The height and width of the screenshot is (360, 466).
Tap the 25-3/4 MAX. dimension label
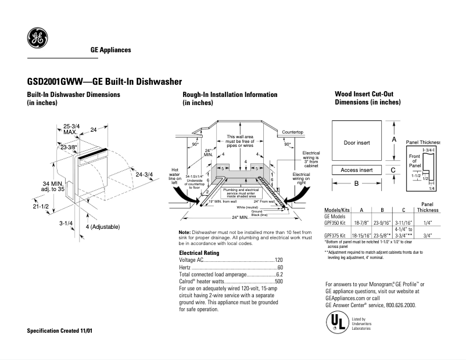point(72,129)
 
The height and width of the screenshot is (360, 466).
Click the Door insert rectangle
point(356,142)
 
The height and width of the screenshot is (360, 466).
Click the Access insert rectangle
point(356,170)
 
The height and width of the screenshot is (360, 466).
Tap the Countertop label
point(293,132)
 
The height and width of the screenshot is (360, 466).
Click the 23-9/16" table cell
point(382,222)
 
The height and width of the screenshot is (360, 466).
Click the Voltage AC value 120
point(278,260)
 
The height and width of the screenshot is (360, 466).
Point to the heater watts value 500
point(278,281)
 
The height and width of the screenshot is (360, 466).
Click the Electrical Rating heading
point(199,253)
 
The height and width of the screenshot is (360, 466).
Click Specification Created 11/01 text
point(60,330)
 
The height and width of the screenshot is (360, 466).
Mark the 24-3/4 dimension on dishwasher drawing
point(143,174)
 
